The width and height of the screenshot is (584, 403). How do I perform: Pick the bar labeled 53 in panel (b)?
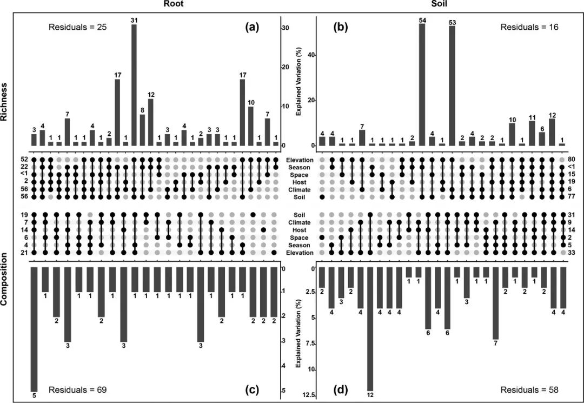tap(452, 86)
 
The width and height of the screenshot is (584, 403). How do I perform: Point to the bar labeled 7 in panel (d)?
tap(495, 303)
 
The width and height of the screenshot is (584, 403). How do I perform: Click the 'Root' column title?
tap(176, 4)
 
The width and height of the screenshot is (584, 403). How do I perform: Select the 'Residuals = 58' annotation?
tap(526, 389)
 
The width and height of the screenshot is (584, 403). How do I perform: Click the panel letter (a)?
tap(252, 27)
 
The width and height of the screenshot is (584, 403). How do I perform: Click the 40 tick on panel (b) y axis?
tap(311, 55)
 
